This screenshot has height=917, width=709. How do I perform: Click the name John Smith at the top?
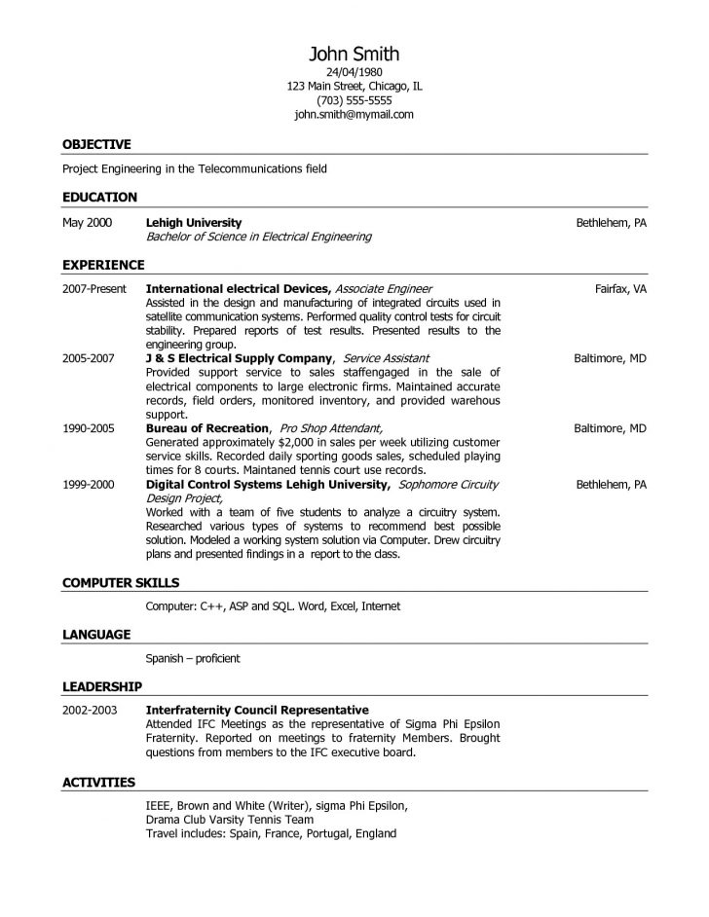pyautogui.click(x=354, y=54)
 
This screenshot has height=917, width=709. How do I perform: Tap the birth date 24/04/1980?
pyautogui.click(x=354, y=73)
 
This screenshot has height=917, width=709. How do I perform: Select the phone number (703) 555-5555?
pyautogui.click(x=354, y=100)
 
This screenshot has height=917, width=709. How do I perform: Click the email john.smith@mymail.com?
pyautogui.click(x=354, y=114)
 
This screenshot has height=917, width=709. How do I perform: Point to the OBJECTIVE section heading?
pyautogui.click(x=96, y=144)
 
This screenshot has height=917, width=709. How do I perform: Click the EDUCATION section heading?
pyautogui.click(x=99, y=197)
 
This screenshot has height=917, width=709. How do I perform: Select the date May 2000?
pyautogui.click(x=88, y=223)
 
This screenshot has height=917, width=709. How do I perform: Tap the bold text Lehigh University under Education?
pyautogui.click(x=194, y=223)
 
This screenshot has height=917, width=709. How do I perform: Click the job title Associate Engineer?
pyautogui.click(x=384, y=289)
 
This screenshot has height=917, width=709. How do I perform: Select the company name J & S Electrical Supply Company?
pyautogui.click(x=240, y=358)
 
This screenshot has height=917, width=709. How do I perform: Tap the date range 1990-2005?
pyautogui.click(x=89, y=427)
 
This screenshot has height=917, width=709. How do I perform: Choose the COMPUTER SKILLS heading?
pyautogui.click(x=121, y=582)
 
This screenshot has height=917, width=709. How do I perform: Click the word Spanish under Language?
pyautogui.click(x=167, y=658)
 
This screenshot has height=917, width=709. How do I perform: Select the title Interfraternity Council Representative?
pyautogui.click(x=257, y=710)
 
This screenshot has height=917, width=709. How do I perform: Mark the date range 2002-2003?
pyautogui.click(x=90, y=710)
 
